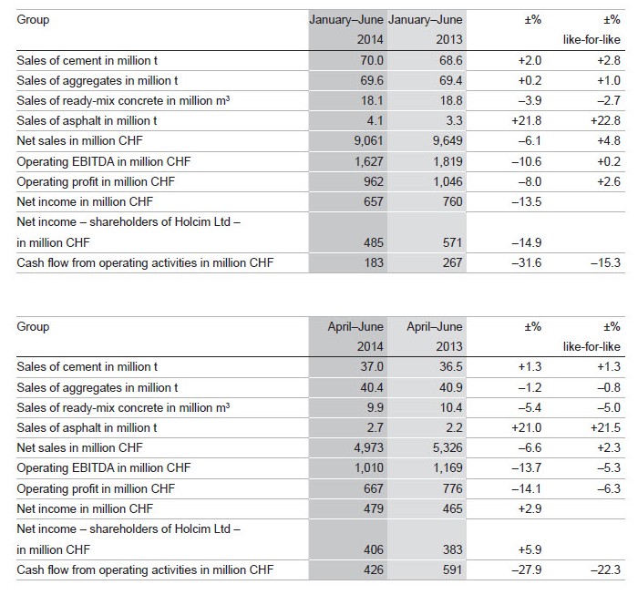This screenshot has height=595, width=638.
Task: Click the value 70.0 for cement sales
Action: (x=372, y=61)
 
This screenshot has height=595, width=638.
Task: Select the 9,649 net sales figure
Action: (x=448, y=140)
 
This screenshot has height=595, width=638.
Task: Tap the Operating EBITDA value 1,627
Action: (x=368, y=161)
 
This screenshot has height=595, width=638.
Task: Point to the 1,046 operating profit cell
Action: (x=448, y=181)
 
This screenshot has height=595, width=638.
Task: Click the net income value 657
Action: (x=374, y=201)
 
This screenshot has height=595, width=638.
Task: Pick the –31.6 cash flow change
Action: (x=527, y=262)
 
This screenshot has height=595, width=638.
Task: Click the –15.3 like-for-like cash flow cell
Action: (x=605, y=262)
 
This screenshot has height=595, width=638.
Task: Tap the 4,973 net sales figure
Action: (x=368, y=447)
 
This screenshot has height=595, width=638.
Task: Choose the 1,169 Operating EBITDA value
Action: (x=448, y=467)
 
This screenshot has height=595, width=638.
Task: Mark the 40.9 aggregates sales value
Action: (x=451, y=387)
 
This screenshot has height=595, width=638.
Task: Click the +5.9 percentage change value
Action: (x=530, y=549)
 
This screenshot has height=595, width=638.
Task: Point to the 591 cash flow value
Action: (x=452, y=569)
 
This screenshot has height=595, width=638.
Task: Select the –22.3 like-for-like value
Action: (x=605, y=569)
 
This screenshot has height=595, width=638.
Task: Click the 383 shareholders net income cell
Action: (x=452, y=549)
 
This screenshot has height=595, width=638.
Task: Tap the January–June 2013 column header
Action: (x=426, y=29)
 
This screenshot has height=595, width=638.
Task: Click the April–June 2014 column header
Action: (x=355, y=336)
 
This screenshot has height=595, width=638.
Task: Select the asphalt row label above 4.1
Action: (x=87, y=121)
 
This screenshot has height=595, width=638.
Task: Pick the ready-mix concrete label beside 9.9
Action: (x=123, y=407)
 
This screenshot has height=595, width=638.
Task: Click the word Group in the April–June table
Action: (x=33, y=326)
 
